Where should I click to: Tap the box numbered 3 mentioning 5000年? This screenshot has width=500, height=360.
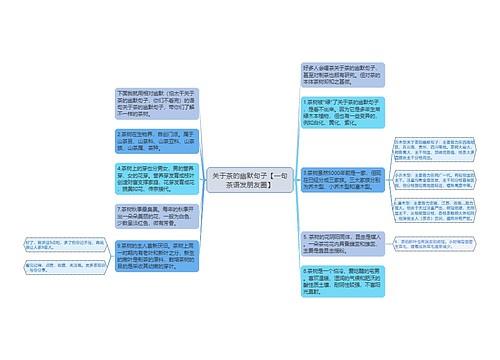click(x=340, y=179)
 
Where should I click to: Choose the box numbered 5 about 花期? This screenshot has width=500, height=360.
click(x=340, y=240)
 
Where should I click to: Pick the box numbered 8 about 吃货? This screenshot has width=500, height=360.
click(x=340, y=281)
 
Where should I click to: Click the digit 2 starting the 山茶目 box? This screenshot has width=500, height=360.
click(x=119, y=133)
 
